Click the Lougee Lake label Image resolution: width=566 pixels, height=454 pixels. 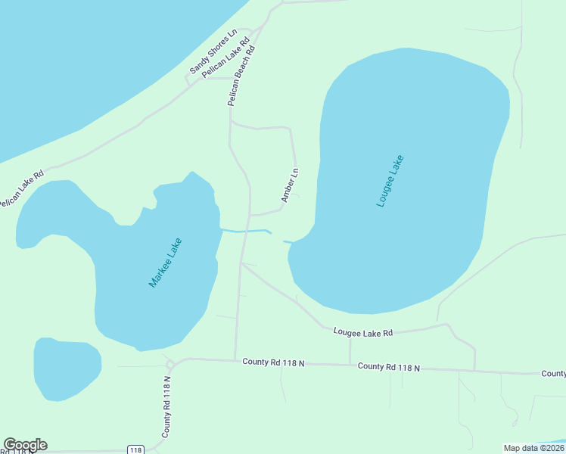[390, 182]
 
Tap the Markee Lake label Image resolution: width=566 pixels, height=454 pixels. [165, 263]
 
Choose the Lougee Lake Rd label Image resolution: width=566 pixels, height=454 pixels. [363, 333]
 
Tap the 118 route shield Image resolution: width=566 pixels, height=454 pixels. [135, 449]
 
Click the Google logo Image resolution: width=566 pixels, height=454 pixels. [25, 445]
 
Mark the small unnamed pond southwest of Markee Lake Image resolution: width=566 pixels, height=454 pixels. [67, 368]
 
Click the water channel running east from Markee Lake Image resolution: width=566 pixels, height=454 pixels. [246, 230]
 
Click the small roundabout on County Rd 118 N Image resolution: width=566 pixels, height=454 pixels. [169, 365]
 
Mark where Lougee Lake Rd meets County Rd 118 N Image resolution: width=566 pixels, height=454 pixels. [350, 364]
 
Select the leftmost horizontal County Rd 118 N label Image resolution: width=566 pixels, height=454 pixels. [273, 362]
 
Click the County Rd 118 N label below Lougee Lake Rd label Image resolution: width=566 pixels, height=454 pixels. [388, 367]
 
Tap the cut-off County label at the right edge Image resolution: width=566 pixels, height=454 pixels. [554, 374]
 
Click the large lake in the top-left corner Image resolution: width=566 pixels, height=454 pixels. [91, 61]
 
